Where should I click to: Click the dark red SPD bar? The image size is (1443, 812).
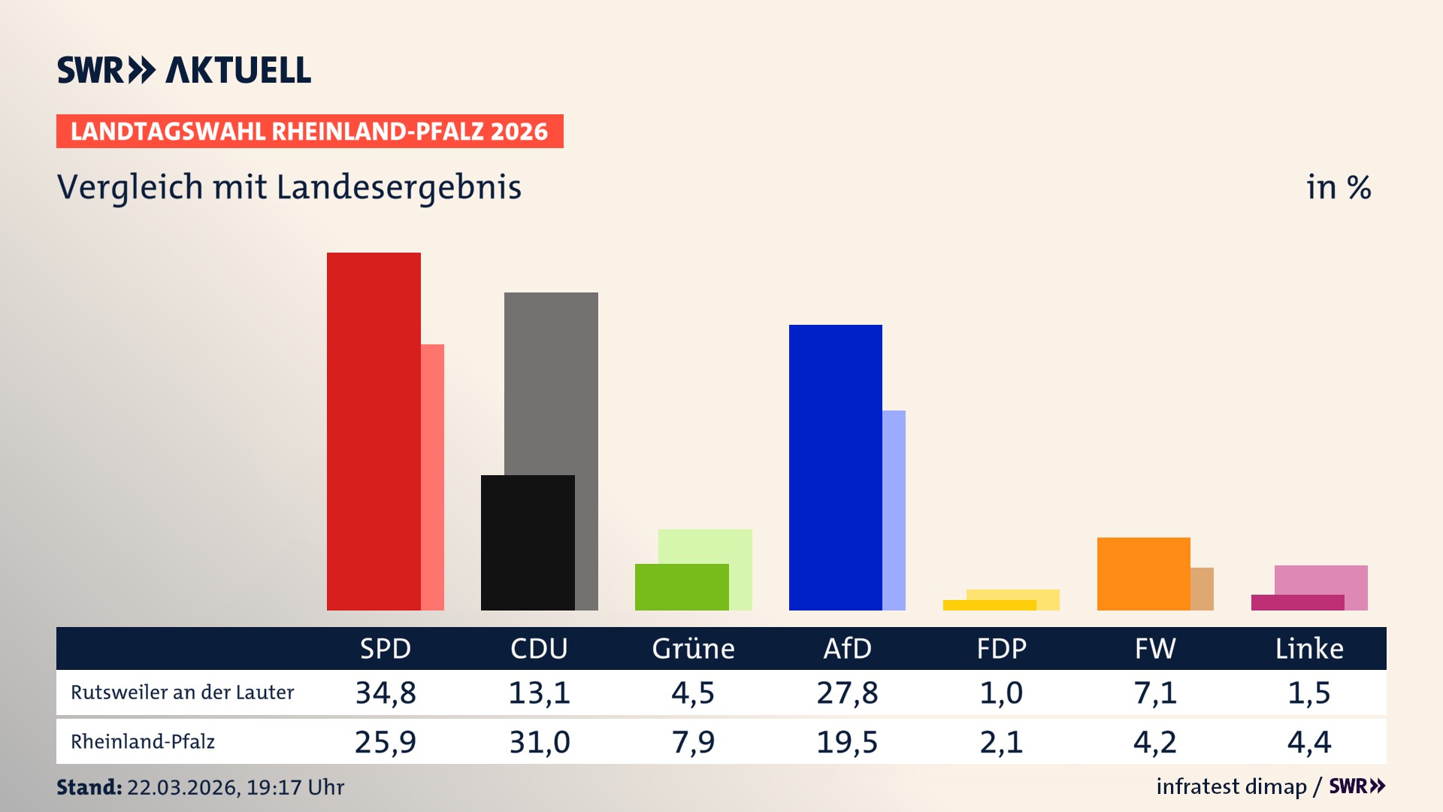point(374,431)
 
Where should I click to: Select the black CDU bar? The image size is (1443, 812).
point(528,542)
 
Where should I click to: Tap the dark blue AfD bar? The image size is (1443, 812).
point(835,467)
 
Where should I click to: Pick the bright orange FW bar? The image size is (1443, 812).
point(1143,573)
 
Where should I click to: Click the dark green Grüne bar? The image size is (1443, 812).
point(682,586)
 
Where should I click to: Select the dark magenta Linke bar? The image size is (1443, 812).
point(1297,602)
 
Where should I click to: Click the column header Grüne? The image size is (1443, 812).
point(693,648)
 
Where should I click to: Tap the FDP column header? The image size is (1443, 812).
point(1001,648)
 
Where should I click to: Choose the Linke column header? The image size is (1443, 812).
point(1309,648)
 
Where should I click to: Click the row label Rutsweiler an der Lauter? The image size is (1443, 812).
point(182,692)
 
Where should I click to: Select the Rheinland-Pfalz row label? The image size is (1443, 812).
point(143,742)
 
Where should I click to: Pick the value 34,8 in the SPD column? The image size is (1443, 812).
point(386,692)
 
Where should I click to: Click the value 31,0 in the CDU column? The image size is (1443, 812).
point(540,742)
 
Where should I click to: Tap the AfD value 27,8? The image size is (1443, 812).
point(847,692)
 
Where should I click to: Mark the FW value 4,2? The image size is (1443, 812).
point(1155,742)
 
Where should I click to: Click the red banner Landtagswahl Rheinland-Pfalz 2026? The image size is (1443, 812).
point(310,132)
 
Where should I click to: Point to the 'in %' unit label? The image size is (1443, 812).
point(1339,187)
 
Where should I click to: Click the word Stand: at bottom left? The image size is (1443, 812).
point(89,787)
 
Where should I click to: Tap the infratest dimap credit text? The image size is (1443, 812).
point(1231,786)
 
